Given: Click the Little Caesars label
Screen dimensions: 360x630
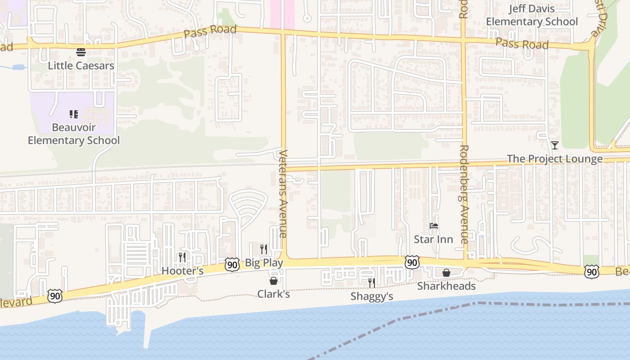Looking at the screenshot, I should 81,66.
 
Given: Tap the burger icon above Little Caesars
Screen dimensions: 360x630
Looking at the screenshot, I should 81,52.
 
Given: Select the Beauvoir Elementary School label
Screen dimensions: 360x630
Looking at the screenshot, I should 74,134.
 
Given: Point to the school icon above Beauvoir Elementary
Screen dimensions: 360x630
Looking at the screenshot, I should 74,114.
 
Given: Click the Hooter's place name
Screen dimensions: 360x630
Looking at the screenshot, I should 182,271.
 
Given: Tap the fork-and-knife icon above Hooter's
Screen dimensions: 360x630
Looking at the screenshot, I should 182,257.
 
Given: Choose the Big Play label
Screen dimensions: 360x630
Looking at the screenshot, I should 264,263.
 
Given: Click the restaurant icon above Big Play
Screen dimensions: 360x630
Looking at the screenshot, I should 264,249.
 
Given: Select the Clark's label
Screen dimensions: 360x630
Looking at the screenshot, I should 274,294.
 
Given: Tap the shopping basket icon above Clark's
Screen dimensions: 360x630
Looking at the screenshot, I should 274,281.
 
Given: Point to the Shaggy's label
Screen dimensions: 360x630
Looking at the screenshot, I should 372,297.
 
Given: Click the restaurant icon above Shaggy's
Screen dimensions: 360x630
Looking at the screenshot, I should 372,283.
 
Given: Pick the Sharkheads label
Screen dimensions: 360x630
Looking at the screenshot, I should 446,286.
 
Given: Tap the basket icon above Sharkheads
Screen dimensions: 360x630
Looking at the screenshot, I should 446,273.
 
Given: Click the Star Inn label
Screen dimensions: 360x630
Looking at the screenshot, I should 433,239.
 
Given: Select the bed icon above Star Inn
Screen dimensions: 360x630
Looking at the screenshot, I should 433,226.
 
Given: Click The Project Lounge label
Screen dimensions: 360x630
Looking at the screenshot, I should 555,159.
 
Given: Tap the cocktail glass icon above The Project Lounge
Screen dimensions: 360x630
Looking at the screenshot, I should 555,145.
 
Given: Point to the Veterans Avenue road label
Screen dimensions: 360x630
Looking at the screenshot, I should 283,193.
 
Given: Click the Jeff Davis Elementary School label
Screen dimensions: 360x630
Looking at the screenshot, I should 532,15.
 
